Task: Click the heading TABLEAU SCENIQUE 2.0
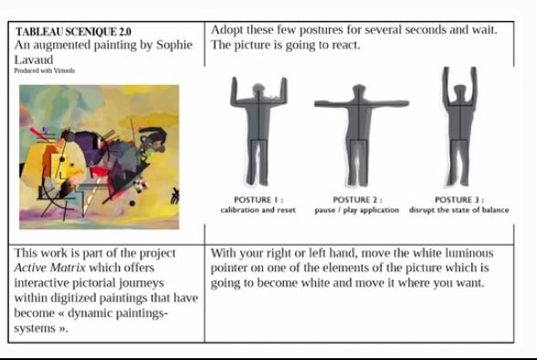73,31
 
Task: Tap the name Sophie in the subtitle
174,45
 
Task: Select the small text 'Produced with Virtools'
45,70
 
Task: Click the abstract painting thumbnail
100,157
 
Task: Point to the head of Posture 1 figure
258,90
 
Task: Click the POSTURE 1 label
258,200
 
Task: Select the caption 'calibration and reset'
258,209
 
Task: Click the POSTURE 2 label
358,200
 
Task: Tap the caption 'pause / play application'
357,210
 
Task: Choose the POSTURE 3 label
459,200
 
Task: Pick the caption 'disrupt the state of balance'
458,209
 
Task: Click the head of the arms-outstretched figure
359,91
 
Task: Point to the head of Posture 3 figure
459,91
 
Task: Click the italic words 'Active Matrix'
50,268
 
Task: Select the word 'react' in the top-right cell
345,45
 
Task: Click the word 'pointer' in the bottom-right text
228,269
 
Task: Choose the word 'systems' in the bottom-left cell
35,328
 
